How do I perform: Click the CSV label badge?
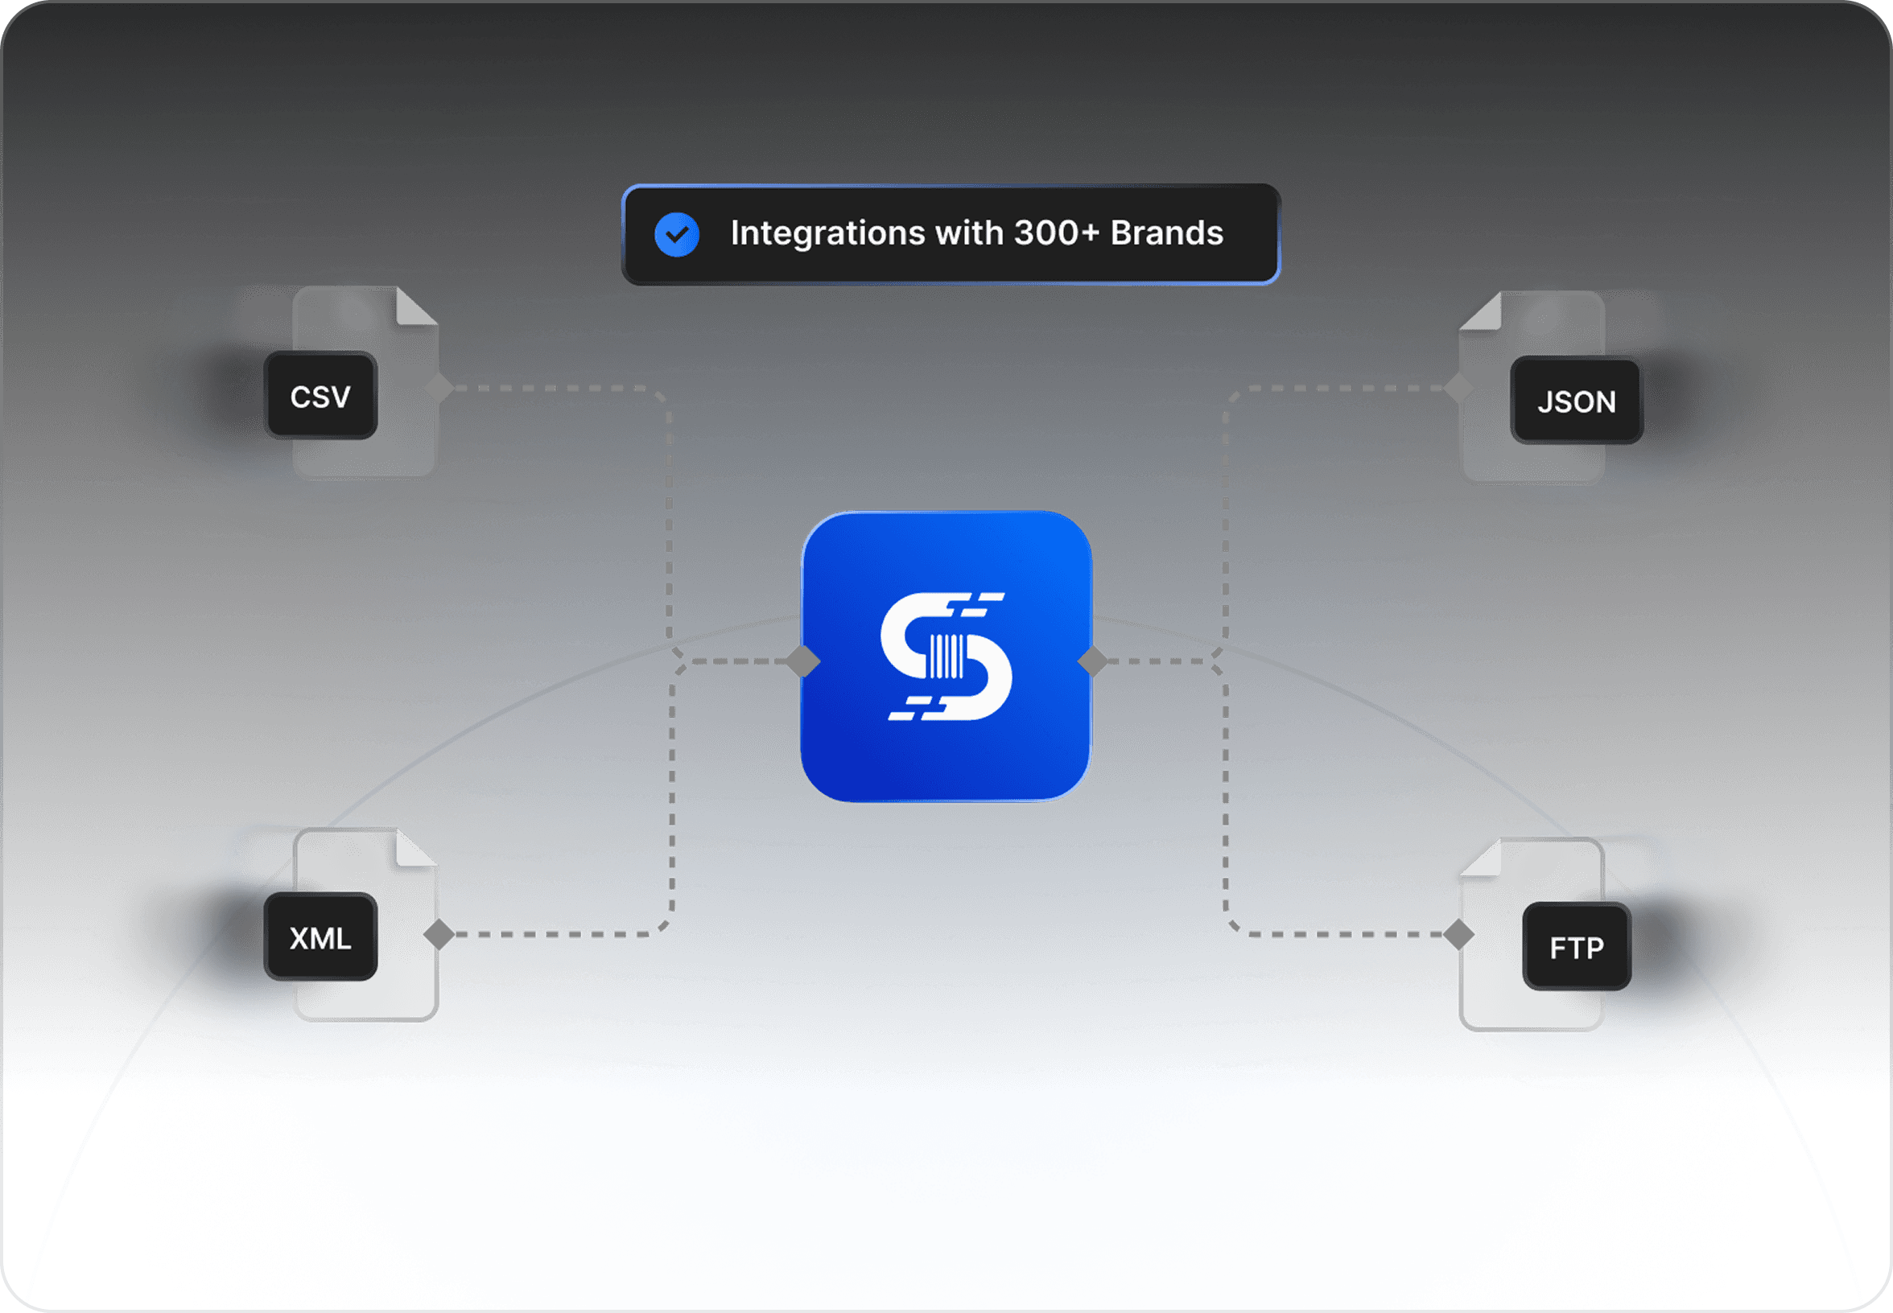coord(321,395)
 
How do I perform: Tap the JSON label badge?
coord(1576,401)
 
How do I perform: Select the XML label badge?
coord(321,936)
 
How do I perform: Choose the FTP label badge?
coord(1576,947)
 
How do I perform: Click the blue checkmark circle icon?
coord(677,235)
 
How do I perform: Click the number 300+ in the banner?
coord(1057,233)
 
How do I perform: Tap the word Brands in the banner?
coord(1166,233)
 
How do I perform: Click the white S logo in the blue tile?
coord(946,656)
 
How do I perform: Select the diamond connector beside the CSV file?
coord(439,388)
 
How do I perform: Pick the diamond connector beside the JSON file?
coord(1458,388)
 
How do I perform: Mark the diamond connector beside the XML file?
coord(439,935)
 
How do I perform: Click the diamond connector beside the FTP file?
coord(1458,935)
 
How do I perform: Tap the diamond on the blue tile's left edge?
coord(802,661)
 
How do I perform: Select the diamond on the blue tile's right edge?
coord(1092,661)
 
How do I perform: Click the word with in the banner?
coord(970,233)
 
